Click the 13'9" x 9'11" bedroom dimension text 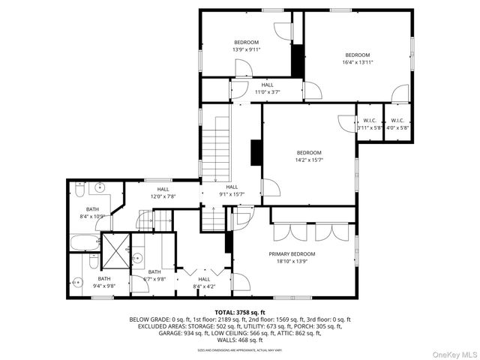click(x=245, y=50)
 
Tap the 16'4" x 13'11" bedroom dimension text click(x=357, y=62)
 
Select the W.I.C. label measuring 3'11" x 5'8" click(x=369, y=128)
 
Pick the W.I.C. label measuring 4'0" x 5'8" click(x=397, y=128)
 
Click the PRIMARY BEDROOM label click(x=292, y=254)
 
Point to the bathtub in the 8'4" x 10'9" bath click(x=84, y=243)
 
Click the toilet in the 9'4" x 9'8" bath click(x=76, y=283)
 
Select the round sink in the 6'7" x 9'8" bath click(x=138, y=259)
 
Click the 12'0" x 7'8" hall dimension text click(x=162, y=196)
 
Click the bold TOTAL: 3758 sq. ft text click(x=239, y=312)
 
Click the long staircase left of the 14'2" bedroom click(x=218, y=147)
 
